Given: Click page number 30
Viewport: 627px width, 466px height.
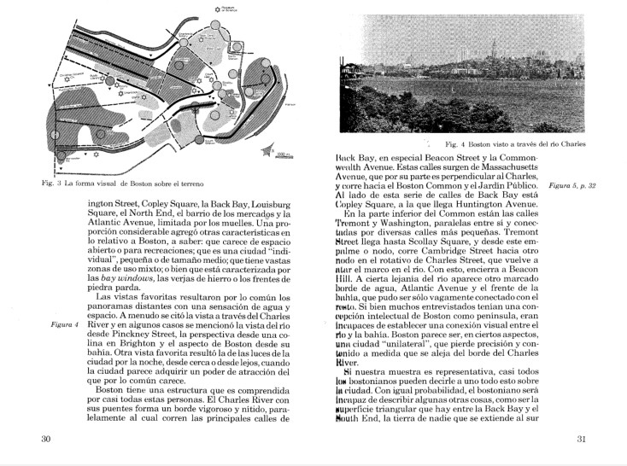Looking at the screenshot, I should pyautogui.click(x=46, y=440).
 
